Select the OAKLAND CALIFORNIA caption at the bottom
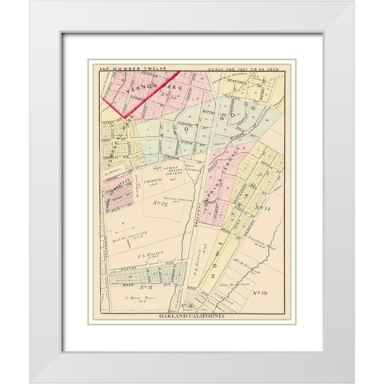[192, 318]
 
